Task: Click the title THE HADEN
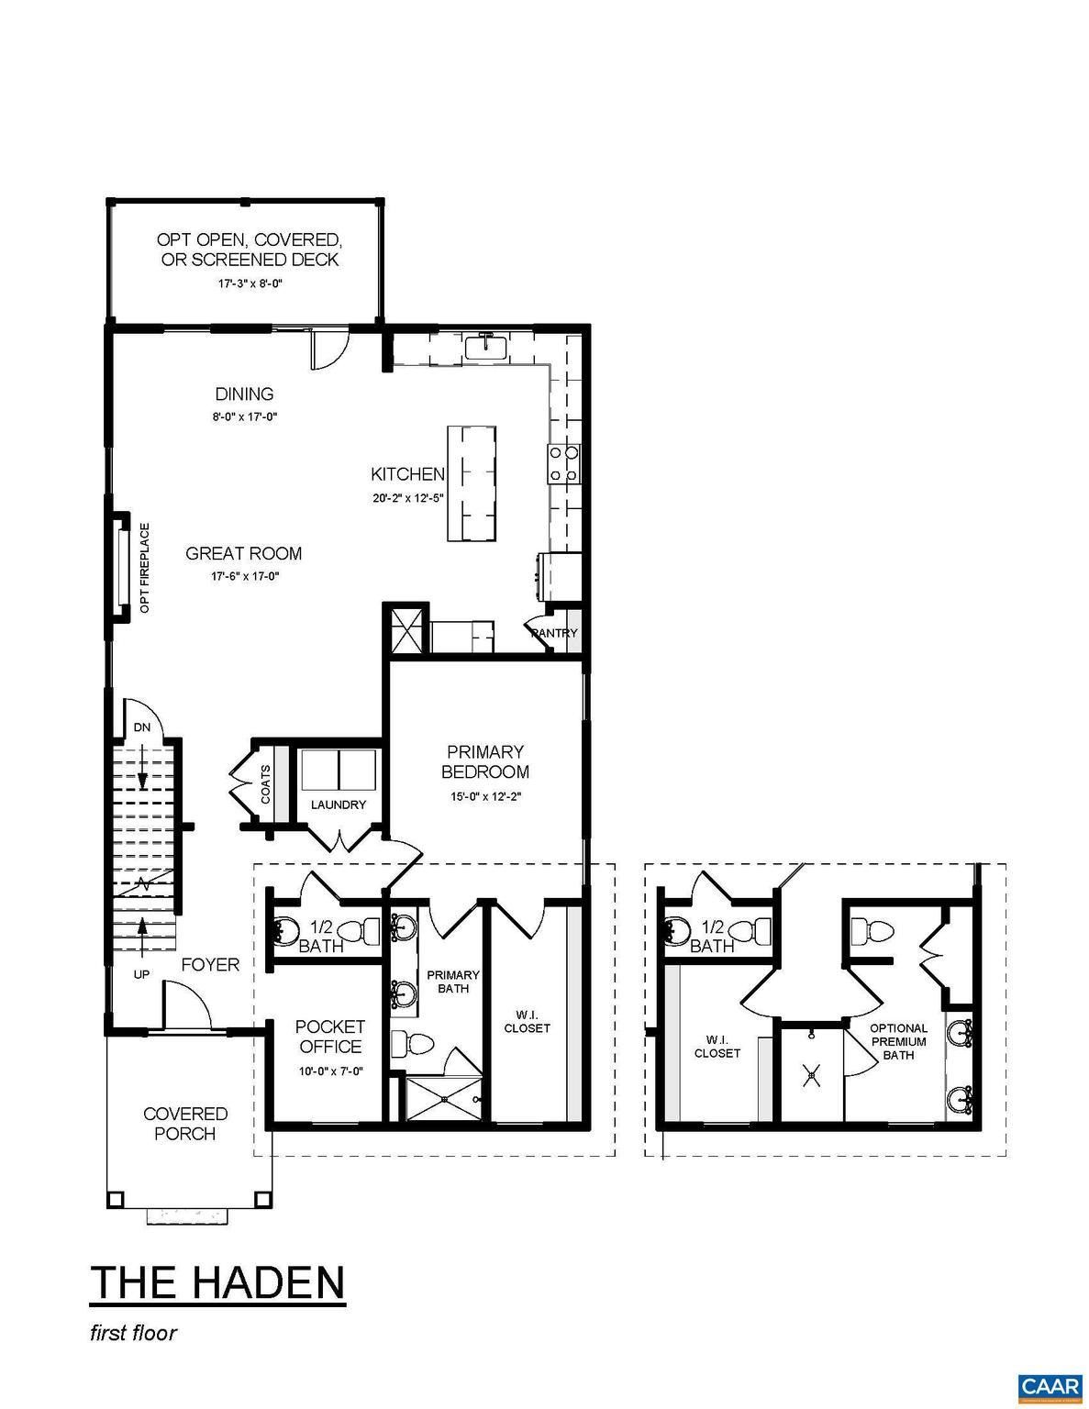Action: click(x=217, y=1281)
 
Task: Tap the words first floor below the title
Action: click(x=133, y=1333)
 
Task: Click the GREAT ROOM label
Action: click(x=243, y=553)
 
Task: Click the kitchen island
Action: click(x=472, y=484)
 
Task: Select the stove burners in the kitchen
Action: click(x=562, y=463)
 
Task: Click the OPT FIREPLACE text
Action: click(x=144, y=569)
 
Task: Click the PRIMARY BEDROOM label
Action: click(x=485, y=761)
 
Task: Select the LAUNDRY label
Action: click(x=338, y=804)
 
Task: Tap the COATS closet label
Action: click(x=265, y=784)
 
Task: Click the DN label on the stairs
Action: click(x=141, y=727)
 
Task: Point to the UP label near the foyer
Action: click(x=141, y=974)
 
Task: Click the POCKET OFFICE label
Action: click(x=329, y=1037)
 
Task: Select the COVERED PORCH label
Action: click(x=185, y=1124)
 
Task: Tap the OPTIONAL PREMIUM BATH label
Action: click(x=898, y=1041)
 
